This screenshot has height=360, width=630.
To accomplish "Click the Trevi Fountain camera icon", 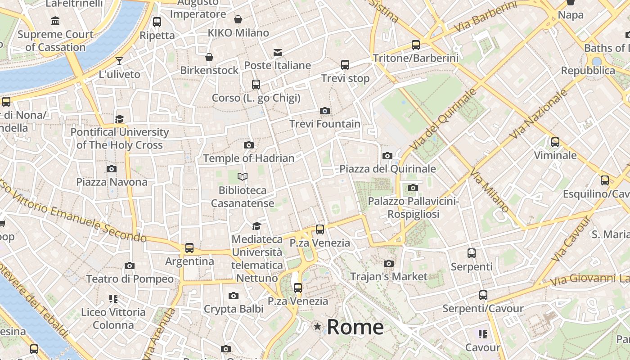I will pos(324,111).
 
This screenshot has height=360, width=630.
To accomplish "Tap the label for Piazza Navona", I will pos(112,182).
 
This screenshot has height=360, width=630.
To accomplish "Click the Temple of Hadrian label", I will pos(248,158).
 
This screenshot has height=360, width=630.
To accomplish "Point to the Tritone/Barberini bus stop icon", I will pos(416,45).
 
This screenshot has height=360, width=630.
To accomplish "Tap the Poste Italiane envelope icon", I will pos(278,53).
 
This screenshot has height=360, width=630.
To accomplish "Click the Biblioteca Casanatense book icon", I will pos(243,177).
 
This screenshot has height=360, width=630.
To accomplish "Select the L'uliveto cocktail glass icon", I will pos(119,61).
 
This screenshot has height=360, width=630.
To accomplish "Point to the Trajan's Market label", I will pos(389,276).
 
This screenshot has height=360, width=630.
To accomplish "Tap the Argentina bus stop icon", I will pos(189,248).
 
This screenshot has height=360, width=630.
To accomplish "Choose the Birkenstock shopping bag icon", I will pos(209,57).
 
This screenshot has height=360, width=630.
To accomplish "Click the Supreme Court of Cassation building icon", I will pos(55,21).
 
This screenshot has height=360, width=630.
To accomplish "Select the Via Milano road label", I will pos(490,191).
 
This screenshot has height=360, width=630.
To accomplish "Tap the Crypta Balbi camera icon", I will pos(233,296).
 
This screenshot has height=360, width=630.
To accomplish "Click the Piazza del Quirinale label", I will pos(387,169).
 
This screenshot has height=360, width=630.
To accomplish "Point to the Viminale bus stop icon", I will pos(555,142).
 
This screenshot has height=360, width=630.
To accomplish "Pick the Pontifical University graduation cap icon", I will pos(119,119).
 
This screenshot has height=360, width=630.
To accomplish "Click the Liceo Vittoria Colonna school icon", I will pos(113,298).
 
